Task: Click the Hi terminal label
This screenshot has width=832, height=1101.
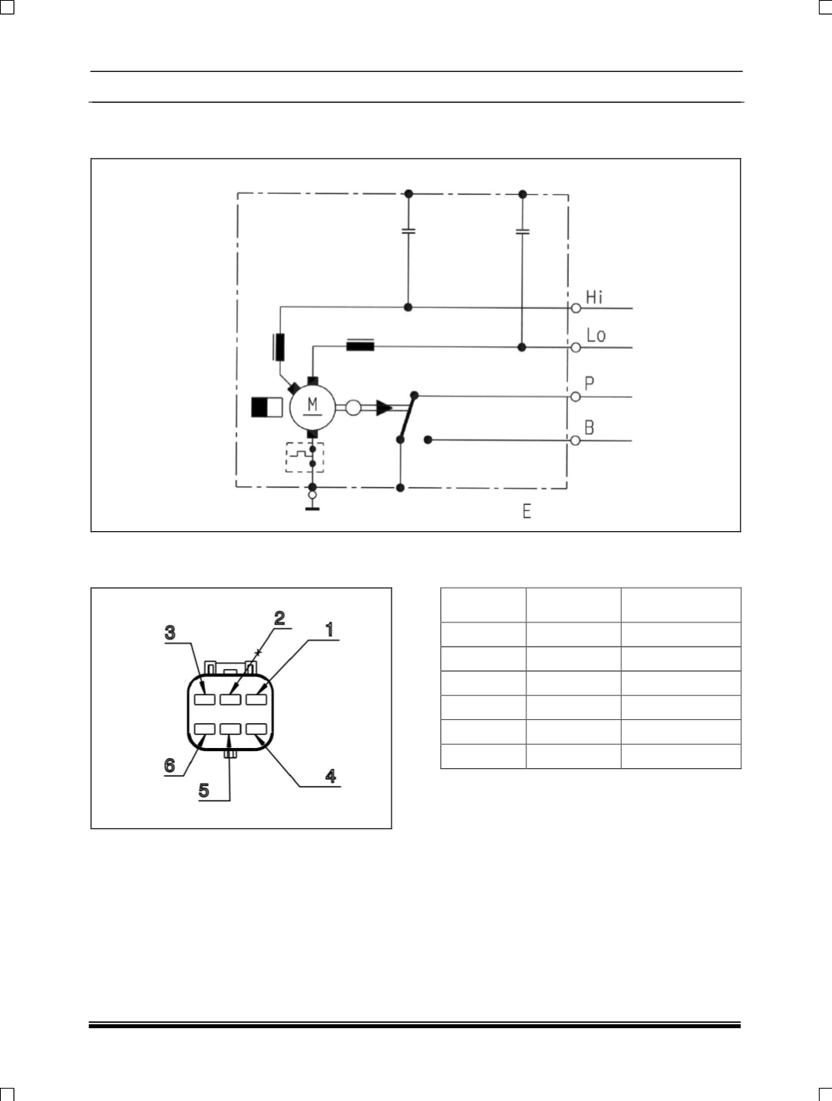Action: [594, 297]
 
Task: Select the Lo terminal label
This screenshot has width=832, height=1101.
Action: [596, 335]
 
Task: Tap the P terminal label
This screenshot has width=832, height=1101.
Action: [590, 383]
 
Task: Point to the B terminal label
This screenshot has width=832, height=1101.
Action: [590, 427]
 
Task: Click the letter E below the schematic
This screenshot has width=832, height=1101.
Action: [527, 511]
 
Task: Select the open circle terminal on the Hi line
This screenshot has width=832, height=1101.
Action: [576, 308]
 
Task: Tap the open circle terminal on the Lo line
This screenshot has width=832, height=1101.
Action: [576, 348]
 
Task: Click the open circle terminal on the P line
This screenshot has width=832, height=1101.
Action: [575, 396]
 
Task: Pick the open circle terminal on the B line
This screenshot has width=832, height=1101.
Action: [575, 441]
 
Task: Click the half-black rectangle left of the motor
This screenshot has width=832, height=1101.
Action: [267, 407]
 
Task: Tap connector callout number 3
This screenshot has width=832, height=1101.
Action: [170, 633]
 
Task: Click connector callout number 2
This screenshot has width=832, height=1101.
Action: [279, 617]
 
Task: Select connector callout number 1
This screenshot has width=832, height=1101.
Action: [329, 629]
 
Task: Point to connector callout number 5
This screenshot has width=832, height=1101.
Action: [204, 791]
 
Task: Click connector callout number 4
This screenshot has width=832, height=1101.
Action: [330, 776]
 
